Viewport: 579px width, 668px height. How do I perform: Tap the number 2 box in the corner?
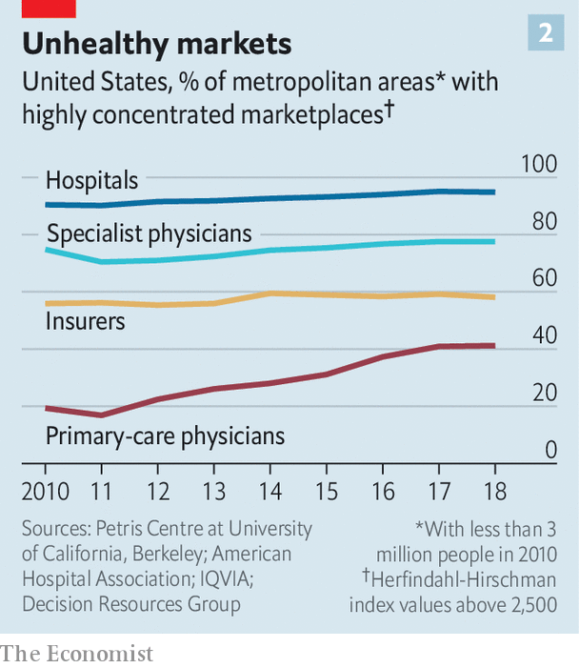coord(546,33)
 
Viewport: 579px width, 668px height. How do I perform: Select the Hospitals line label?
coord(92,180)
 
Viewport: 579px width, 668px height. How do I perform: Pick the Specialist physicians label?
coord(149,233)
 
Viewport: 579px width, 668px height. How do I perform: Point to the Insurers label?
coord(86,321)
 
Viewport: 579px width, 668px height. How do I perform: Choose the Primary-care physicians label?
coord(165,436)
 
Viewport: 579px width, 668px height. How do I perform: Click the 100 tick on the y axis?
coord(538,164)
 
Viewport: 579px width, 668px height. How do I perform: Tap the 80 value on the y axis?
coord(543,221)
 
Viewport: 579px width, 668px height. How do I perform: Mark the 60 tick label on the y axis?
coord(543,278)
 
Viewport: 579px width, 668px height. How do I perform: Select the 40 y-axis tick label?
coord(543,335)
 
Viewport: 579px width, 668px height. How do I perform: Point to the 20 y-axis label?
coord(543,393)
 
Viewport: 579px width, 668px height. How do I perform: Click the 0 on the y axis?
coord(549,450)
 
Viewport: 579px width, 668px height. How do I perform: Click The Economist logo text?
coord(76,654)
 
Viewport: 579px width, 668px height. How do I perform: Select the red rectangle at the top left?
coord(37,8)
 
